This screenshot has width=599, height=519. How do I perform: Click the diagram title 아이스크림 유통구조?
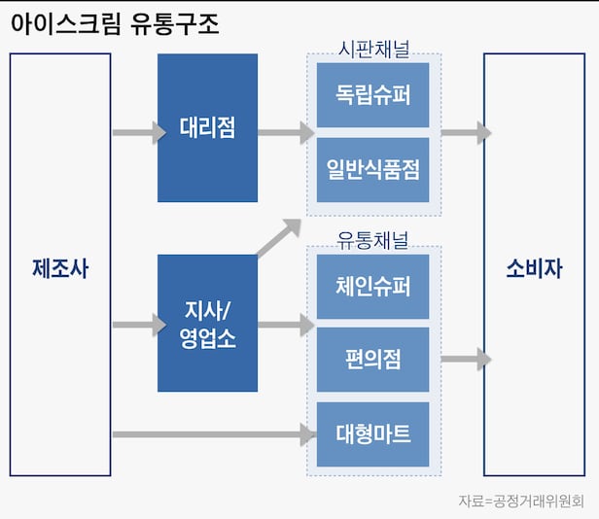point(116,24)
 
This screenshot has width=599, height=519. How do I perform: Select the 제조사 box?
point(60,265)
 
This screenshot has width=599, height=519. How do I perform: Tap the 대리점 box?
point(207,127)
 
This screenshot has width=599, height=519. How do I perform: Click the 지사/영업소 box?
point(207,324)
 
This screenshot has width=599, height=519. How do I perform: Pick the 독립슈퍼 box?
point(372,94)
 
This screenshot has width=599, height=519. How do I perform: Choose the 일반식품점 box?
point(372,169)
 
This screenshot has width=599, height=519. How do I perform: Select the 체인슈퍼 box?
point(372,287)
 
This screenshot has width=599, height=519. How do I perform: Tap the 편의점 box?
point(372,360)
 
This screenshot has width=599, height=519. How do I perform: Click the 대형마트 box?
point(372,434)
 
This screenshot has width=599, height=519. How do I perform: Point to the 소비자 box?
point(534,265)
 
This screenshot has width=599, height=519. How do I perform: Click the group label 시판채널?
point(373,48)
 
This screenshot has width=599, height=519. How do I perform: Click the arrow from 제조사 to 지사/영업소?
point(139,326)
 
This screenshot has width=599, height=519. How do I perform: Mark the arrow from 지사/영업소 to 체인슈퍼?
point(285,326)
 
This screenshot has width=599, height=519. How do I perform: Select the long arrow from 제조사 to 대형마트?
point(214,433)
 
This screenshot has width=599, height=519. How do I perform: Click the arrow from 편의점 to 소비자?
point(465,360)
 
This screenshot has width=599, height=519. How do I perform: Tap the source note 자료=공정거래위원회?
point(520,502)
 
